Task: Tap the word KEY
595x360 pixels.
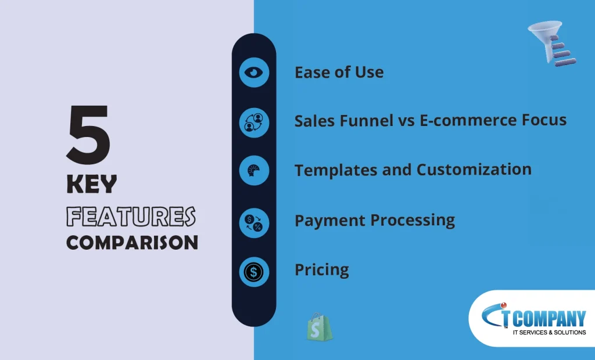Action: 91,185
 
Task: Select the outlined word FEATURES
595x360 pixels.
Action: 131,216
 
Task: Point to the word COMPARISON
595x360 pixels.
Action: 132,242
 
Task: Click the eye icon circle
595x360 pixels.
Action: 255,72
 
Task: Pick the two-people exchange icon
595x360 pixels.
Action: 255,122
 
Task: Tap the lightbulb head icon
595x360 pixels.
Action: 255,170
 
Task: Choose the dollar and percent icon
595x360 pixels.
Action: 255,222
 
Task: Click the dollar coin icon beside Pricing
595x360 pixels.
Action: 255,272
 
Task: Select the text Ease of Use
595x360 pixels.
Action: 339,72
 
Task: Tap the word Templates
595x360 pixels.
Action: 336,170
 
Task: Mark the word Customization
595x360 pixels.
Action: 474,169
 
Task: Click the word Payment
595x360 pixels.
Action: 330,221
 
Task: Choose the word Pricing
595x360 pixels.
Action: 322,270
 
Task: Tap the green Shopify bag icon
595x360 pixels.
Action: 319,327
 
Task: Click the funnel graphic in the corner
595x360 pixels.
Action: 552,43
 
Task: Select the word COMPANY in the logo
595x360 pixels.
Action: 549,318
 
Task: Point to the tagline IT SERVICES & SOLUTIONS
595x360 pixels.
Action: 549,332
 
